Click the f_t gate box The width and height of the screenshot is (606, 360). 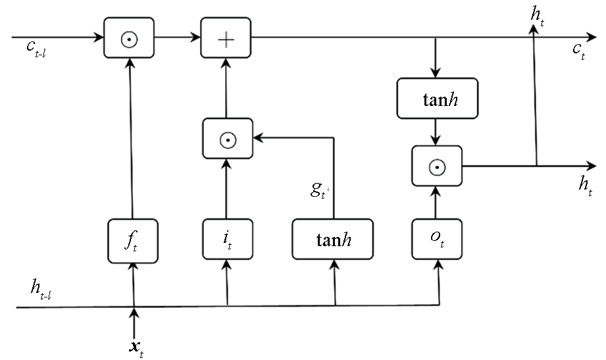132,241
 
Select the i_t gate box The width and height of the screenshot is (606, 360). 228,239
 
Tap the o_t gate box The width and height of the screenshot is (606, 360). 437,239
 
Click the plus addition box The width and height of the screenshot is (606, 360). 226,38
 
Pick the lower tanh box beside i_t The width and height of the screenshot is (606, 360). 333,239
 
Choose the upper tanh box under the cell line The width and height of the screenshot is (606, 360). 438,98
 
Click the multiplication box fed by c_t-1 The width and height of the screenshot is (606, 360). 129,38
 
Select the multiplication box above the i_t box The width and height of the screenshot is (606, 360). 228,138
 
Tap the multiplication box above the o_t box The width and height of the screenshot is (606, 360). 437,166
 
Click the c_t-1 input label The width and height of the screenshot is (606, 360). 36,48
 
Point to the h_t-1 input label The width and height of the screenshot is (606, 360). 41,290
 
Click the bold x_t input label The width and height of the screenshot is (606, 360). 136,348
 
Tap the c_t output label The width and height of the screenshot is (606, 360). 579,51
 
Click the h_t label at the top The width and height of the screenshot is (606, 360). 538,16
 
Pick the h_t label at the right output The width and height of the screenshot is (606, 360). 586,185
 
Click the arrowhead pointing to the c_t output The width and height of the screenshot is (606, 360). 592,38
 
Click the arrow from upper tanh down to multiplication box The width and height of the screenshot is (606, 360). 436,132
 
